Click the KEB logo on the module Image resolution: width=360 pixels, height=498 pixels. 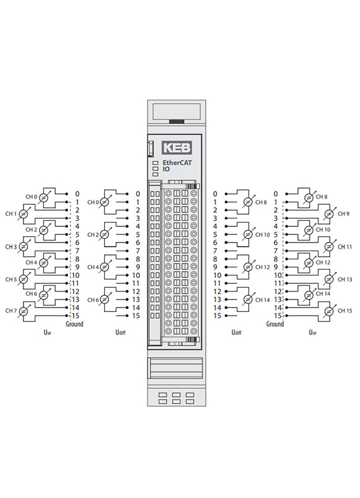click(177, 148)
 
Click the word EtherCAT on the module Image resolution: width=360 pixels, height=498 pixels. click(177, 162)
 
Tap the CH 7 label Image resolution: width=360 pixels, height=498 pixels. click(11, 311)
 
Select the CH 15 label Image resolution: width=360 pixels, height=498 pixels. click(345, 311)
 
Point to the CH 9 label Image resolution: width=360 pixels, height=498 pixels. click(343, 214)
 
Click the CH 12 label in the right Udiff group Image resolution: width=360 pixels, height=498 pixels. click(262, 267)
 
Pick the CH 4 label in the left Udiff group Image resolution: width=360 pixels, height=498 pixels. click(93, 267)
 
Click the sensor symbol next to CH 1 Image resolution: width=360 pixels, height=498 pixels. click(23, 215)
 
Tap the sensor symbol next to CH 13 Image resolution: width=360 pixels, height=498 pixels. click(330, 280)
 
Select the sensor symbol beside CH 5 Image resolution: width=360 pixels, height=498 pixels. click(23, 280)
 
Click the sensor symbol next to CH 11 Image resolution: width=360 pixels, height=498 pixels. click(330, 247)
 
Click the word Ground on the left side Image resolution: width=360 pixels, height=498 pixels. click(74, 324)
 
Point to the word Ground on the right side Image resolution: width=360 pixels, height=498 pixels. click(275, 324)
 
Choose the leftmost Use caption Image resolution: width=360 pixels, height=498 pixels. click(47, 332)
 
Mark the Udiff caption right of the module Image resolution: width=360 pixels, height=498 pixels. click(236, 332)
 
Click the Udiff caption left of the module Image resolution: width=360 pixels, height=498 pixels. click(120, 332)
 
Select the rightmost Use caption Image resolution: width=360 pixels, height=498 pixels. click(312, 332)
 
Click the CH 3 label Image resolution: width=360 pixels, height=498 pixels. click(11, 247)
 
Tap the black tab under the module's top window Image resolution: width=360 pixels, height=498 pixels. click(177, 122)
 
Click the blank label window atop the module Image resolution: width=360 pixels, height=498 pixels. click(177, 112)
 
